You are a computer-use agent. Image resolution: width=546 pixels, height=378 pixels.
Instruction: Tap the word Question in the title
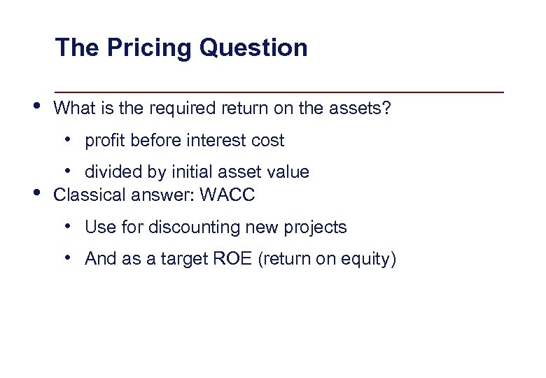click(x=253, y=48)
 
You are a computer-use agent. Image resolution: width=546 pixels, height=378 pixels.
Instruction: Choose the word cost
click(x=267, y=141)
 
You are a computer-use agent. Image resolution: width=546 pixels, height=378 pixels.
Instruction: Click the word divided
click(x=111, y=172)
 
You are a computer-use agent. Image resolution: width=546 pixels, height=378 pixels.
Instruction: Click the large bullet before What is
click(x=36, y=107)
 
